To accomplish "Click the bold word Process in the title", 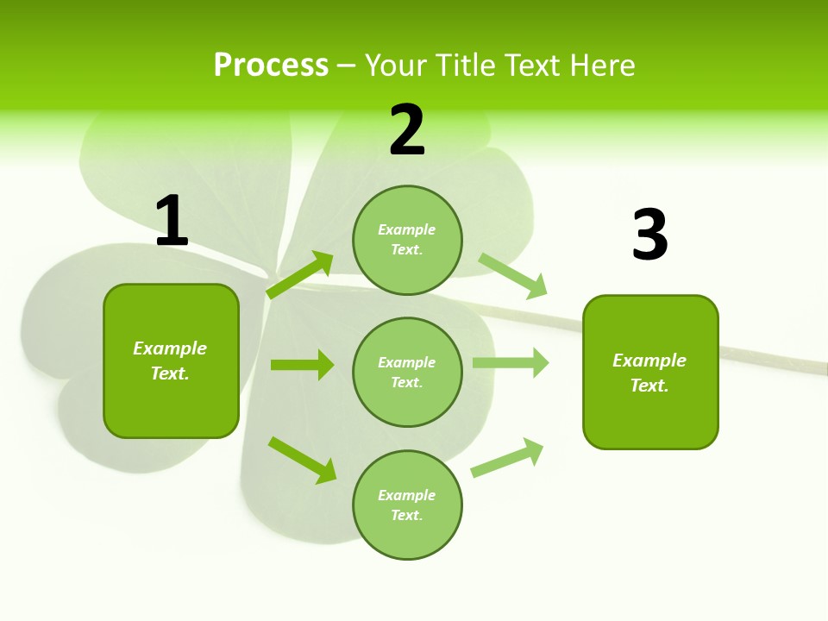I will tap(271, 66).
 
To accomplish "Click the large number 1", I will tap(172, 221).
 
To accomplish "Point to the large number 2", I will tap(406, 129).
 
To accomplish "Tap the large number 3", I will tap(649, 235).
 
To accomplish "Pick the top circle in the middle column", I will tap(407, 240).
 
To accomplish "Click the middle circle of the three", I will tap(407, 372).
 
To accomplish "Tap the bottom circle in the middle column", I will tap(407, 505).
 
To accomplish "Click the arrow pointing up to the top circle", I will tap(300, 275).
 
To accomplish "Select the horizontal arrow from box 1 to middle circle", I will tap(302, 365).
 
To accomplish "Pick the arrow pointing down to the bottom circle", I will tap(302, 460).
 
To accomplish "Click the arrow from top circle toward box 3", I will tap(513, 275).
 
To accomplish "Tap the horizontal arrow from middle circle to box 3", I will tap(511, 363).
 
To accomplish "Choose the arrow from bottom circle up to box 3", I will tap(507, 458).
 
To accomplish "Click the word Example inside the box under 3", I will tap(649, 361).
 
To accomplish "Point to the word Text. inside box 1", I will tap(170, 373).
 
